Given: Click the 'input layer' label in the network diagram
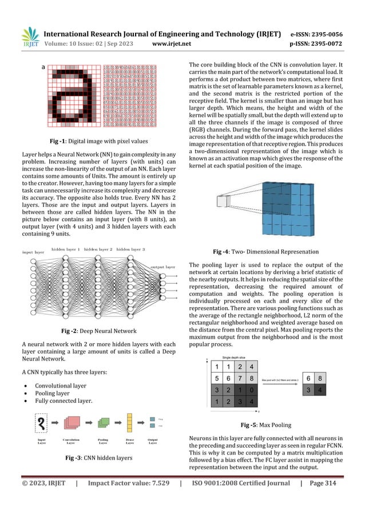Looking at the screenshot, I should (33, 252).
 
